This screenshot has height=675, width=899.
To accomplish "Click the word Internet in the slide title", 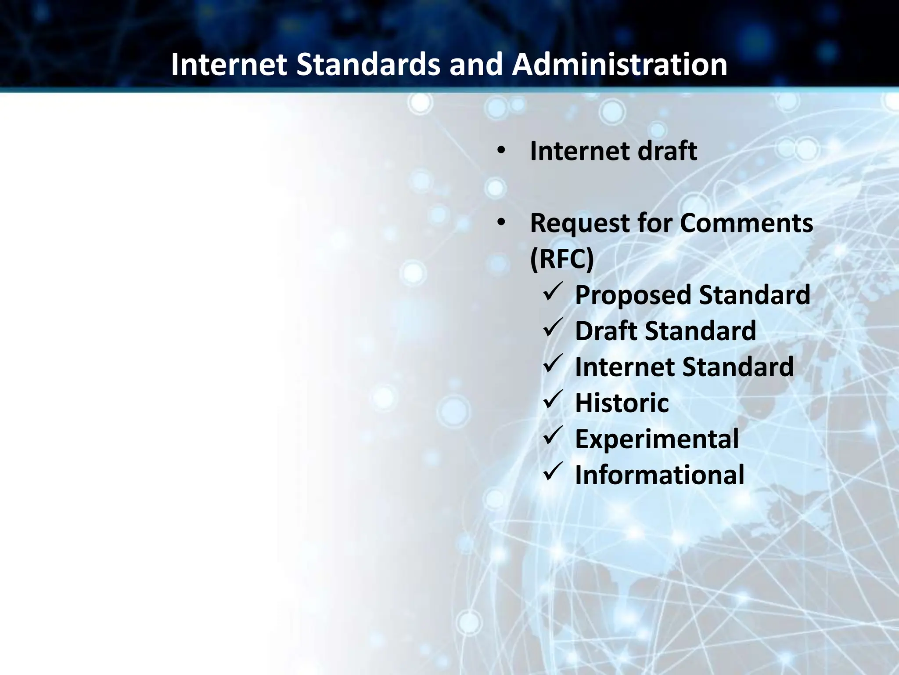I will [x=229, y=65].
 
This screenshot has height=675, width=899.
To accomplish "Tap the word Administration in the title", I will [x=619, y=65].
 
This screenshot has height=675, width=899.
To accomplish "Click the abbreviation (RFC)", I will [x=562, y=259].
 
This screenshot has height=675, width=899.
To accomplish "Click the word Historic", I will [x=622, y=403].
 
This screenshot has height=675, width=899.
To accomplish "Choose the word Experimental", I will [x=657, y=439].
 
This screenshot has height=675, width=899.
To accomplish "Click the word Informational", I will [x=659, y=475].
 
